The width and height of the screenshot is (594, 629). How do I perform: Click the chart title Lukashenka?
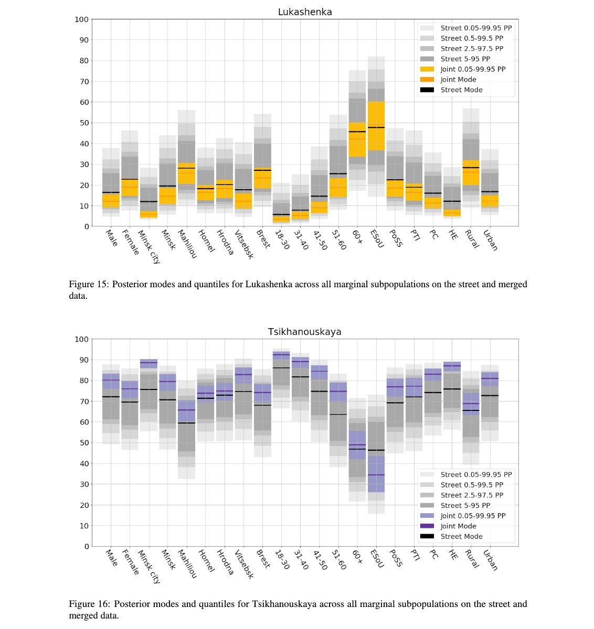[305, 12]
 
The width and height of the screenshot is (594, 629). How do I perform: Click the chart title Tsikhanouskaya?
[305, 332]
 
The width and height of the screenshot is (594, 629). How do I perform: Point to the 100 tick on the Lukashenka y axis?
[82, 19]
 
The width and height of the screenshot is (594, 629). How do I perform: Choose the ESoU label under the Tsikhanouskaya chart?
[377, 558]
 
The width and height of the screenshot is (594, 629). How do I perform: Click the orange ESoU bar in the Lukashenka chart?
[376, 126]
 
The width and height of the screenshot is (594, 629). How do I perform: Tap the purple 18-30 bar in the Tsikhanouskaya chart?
[281, 355]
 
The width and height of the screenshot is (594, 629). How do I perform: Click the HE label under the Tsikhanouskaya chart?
[453, 555]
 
